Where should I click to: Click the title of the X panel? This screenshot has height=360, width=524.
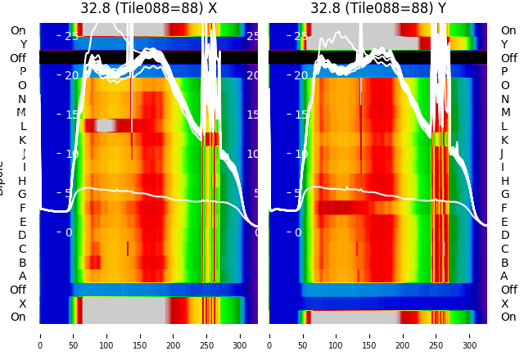tap(148, 8)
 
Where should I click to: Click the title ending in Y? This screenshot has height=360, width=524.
tap(378, 8)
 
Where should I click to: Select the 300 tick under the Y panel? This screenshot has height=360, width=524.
tap(470, 335)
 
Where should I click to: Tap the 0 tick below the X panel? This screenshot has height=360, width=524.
tap(40, 335)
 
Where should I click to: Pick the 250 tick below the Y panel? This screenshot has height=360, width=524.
tap(436, 335)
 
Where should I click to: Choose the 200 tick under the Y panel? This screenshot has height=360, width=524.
tap(403, 335)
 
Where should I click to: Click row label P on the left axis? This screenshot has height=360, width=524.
tap(22, 72)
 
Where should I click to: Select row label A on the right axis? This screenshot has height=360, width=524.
tap(504, 276)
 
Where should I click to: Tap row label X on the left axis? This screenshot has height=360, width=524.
tap(22, 304)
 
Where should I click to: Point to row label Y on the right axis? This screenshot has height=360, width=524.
tap(504, 44)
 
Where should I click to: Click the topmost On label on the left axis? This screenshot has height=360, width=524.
tap(18, 31)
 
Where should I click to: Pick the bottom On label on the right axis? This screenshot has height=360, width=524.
tap(508, 317)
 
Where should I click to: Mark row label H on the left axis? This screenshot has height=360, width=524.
tap(22, 181)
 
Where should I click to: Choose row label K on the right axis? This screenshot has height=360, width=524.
tap(504, 140)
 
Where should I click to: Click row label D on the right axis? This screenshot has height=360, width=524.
tap(504, 235)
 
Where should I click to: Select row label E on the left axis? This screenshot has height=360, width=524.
tap(22, 222)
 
